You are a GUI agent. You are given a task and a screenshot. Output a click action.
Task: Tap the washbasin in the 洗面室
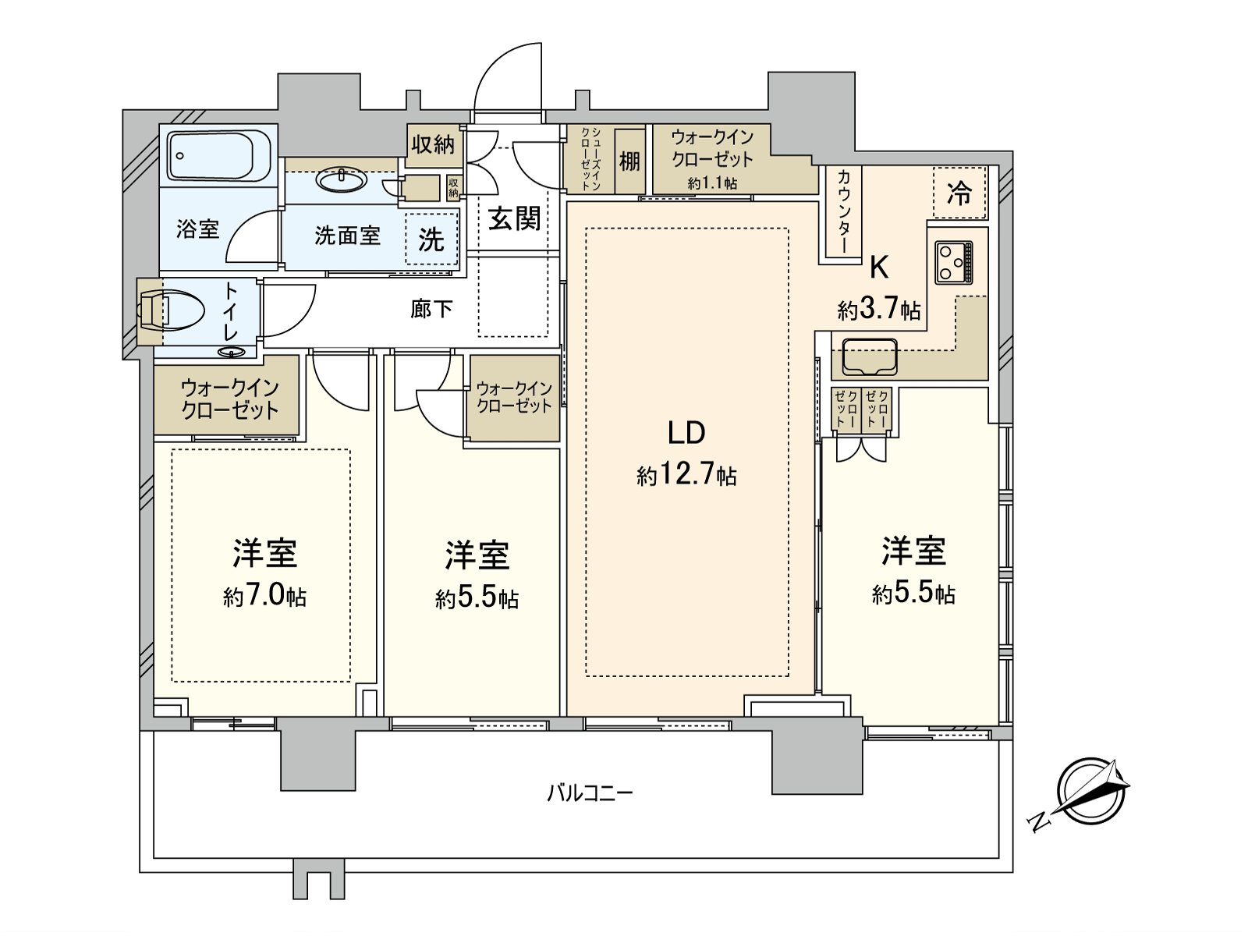click(341, 181)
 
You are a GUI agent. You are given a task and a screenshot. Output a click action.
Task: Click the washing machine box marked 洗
click(431, 239)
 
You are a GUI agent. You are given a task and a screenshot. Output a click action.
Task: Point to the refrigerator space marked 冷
click(959, 192)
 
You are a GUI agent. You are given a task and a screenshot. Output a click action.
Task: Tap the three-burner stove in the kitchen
click(953, 263)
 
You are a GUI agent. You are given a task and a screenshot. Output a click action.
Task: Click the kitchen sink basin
click(870, 357)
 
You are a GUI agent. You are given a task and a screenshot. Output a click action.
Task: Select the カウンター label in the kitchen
click(844, 211)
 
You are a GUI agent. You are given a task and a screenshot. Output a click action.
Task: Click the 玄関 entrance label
click(514, 219)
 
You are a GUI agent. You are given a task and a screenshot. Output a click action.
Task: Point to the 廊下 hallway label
click(431, 309)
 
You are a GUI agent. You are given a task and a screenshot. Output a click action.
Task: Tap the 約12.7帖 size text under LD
click(687, 474)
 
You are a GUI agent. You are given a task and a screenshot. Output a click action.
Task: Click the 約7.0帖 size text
click(264, 597)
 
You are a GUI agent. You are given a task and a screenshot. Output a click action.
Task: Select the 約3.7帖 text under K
click(878, 310)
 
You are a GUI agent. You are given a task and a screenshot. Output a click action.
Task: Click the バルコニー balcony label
click(590, 792)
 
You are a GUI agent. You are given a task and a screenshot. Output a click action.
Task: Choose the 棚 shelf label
click(629, 162)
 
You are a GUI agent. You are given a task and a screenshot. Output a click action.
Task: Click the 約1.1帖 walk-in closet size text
click(712, 183)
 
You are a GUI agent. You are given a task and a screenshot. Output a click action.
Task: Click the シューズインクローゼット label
click(590, 158)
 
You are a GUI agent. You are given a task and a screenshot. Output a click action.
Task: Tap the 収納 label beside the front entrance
click(433, 146)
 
